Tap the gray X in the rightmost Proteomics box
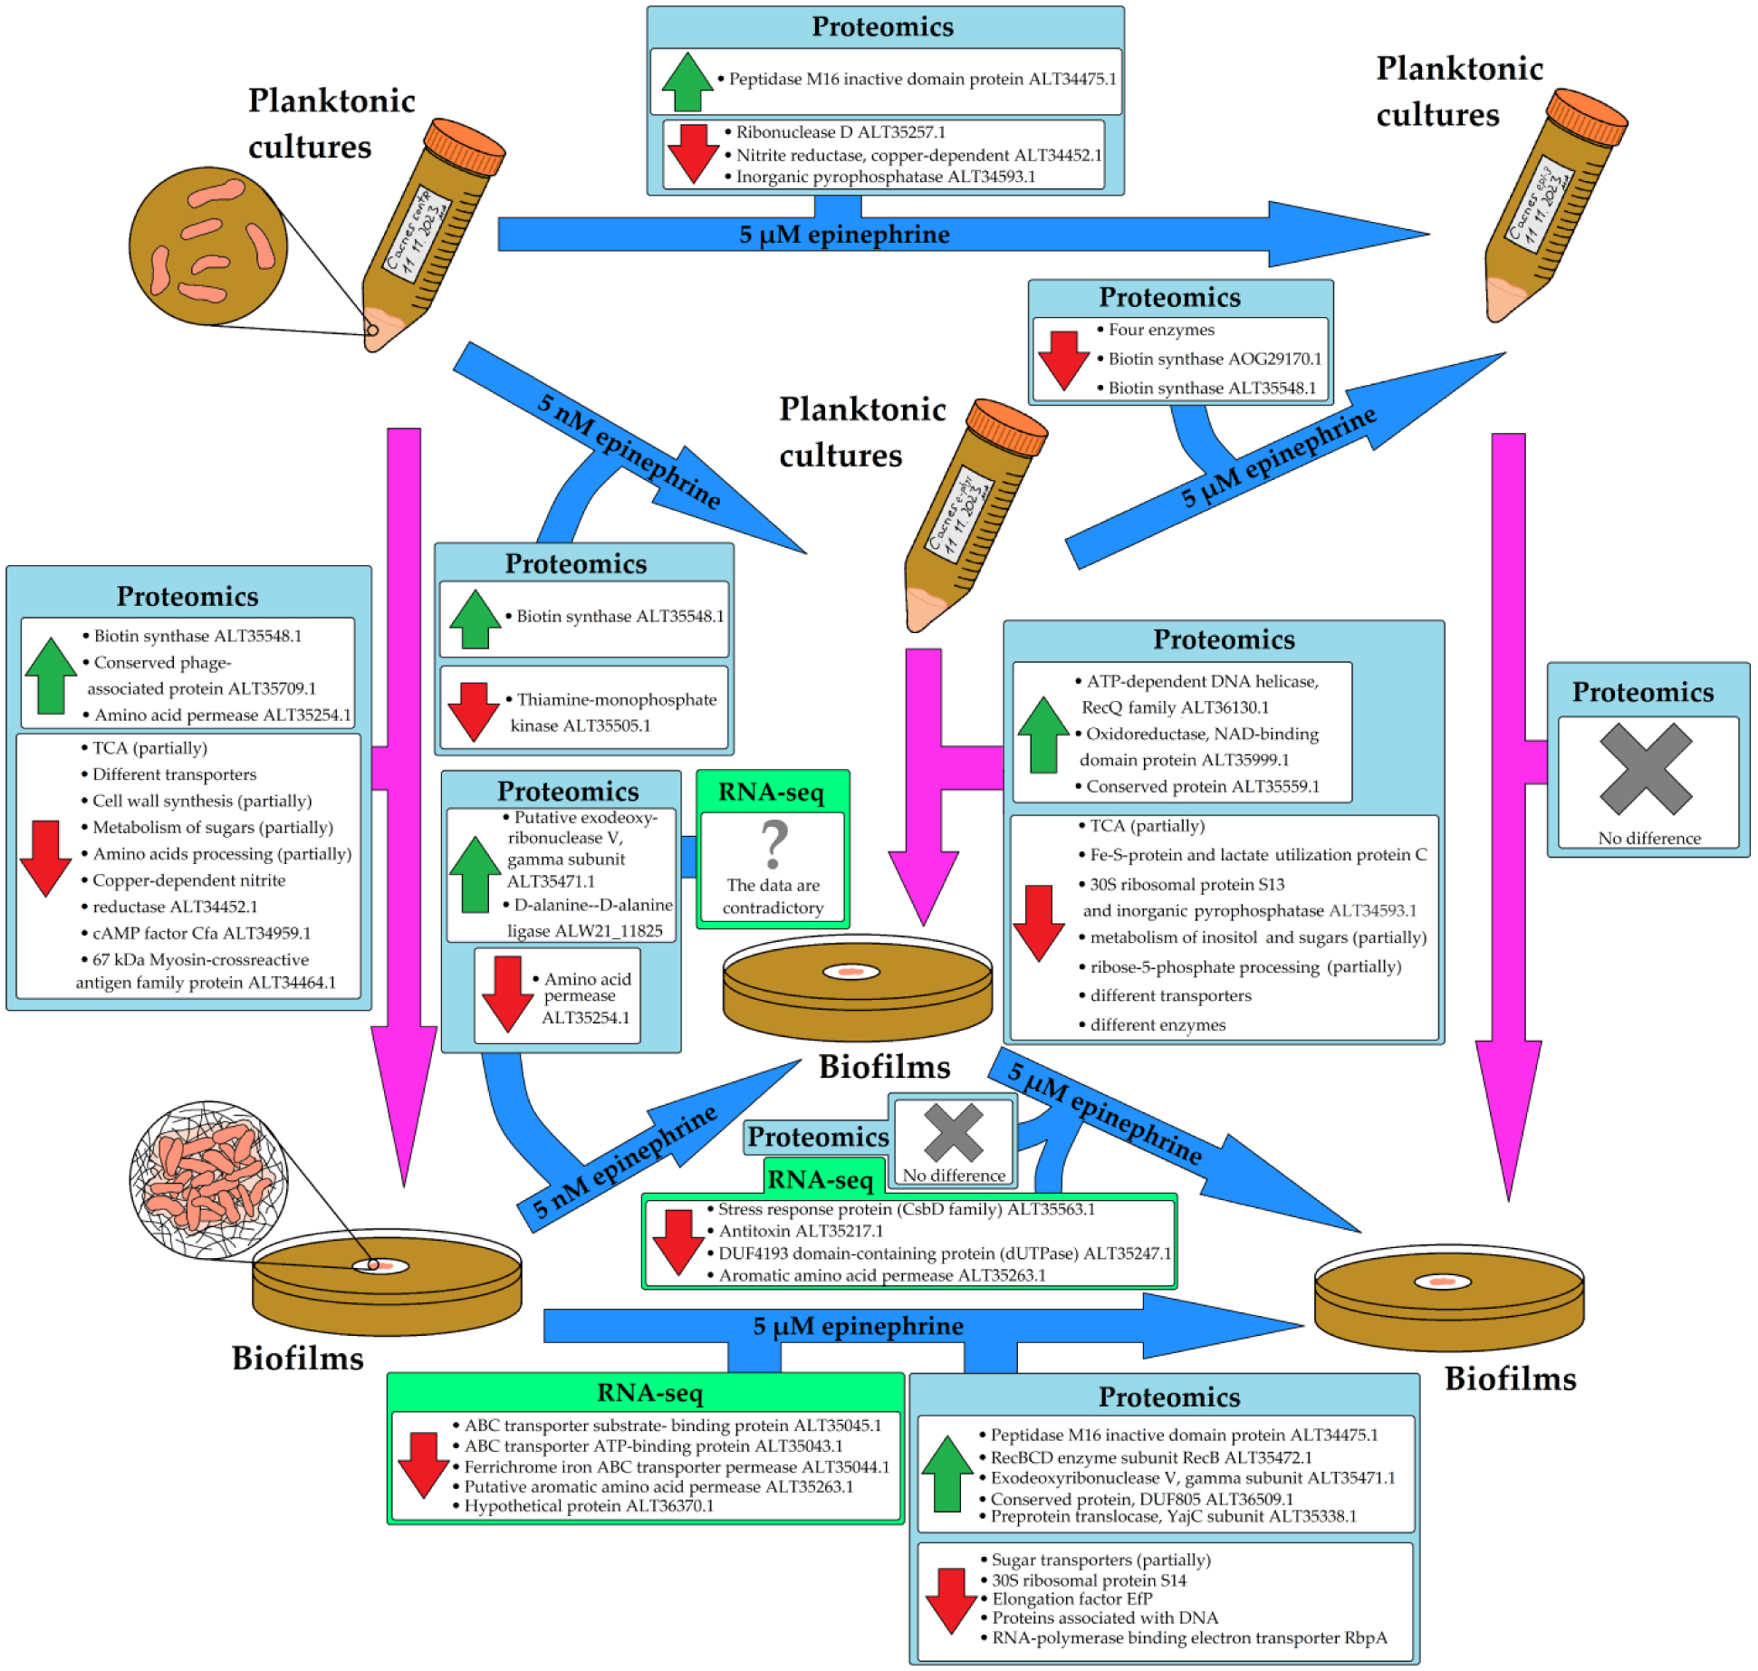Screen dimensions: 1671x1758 click(x=1646, y=769)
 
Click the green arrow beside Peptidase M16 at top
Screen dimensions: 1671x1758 click(x=687, y=82)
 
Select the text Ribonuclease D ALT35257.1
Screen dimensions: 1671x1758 click(x=840, y=132)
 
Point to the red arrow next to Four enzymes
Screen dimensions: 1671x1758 click(x=1063, y=360)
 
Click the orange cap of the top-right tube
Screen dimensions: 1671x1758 click(x=1587, y=117)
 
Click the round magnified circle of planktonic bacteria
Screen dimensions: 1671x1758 click(x=208, y=245)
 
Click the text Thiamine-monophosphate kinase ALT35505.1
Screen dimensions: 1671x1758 click(x=612, y=712)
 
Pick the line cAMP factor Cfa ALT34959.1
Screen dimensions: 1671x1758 click(x=201, y=933)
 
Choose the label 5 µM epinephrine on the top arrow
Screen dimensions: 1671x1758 click(x=844, y=235)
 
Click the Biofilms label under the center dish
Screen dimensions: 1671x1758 click(x=884, y=1067)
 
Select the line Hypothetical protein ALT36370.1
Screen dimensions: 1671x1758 click(x=589, y=1506)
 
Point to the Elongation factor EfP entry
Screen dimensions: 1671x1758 click(x=1071, y=1599)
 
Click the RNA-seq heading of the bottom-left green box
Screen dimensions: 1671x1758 click(x=649, y=1393)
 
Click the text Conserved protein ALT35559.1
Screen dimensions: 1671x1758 click(x=1202, y=786)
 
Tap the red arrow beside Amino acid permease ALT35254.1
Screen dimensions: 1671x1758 click(x=507, y=994)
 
